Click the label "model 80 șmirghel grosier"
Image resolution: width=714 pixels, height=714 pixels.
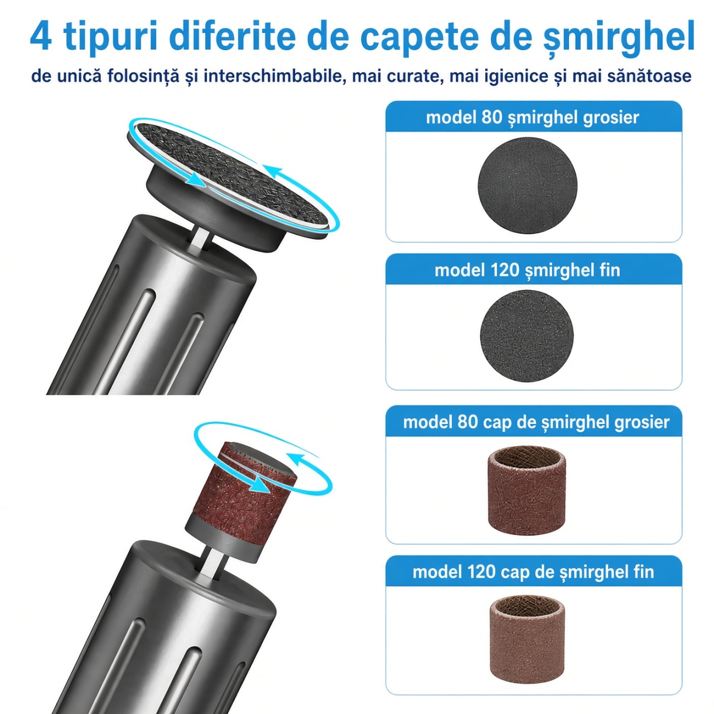(533, 118)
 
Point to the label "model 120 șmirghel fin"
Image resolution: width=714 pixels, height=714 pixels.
(527, 270)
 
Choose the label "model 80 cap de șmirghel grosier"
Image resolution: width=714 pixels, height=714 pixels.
(536, 422)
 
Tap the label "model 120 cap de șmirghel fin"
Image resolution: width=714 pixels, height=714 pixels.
(533, 572)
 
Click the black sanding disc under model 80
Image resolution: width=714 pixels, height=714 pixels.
(528, 185)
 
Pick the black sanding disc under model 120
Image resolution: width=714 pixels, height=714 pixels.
(527, 336)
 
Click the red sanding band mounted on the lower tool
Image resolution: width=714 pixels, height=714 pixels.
(241, 493)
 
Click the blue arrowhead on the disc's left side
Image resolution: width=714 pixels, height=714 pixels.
(193, 179)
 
